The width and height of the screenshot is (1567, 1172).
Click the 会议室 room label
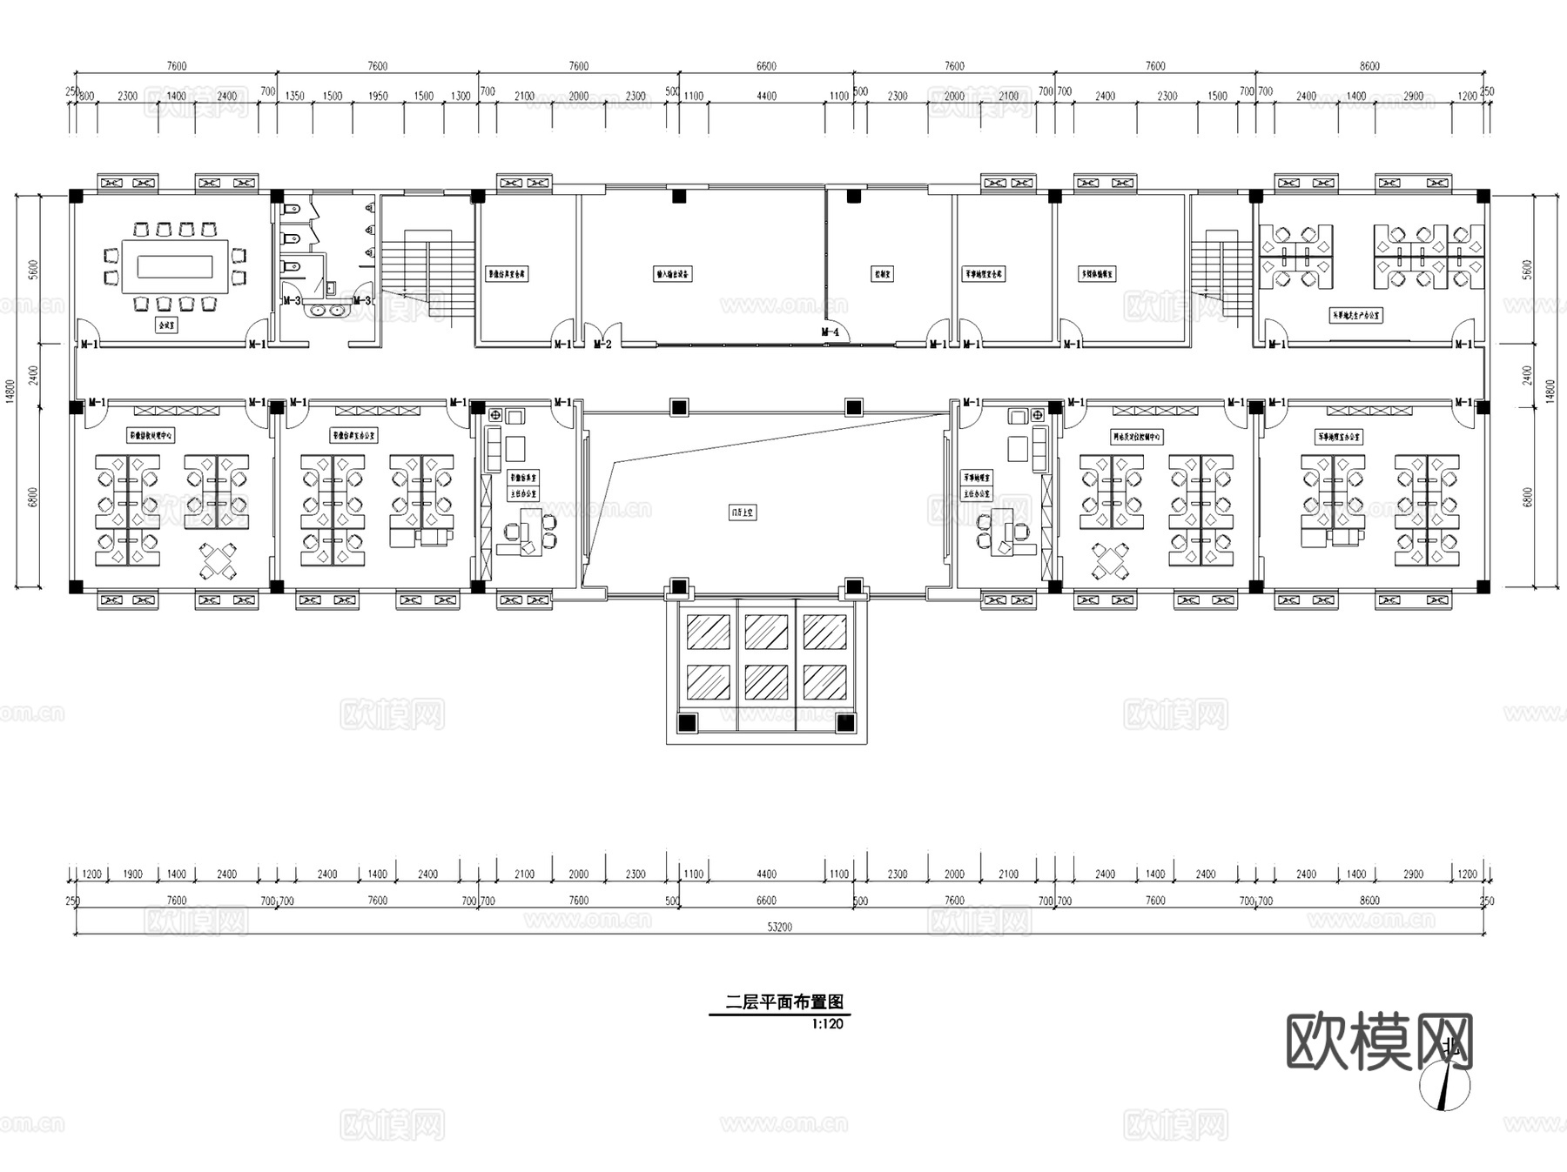point(165,325)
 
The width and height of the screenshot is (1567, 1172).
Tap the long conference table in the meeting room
point(175,265)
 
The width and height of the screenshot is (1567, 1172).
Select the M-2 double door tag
point(602,345)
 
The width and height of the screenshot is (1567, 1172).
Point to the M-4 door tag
point(831,332)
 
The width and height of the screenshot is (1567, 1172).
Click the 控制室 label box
point(882,274)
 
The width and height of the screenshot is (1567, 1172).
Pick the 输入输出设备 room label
point(673,274)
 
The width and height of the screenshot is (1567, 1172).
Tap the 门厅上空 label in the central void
point(743,512)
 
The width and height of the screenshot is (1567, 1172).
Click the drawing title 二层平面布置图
point(784,1002)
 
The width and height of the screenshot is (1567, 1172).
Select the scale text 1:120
point(827,1024)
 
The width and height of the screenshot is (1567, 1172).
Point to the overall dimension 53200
point(779,928)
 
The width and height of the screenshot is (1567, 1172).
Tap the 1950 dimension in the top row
point(378,97)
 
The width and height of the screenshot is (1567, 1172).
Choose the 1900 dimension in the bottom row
point(133,874)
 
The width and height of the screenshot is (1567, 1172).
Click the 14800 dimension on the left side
point(10,391)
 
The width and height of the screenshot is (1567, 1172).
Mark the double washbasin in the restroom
point(326,309)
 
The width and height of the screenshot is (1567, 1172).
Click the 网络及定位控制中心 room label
point(1137,437)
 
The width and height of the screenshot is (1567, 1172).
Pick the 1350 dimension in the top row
point(295,97)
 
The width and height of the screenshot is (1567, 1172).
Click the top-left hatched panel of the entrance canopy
point(708,632)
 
